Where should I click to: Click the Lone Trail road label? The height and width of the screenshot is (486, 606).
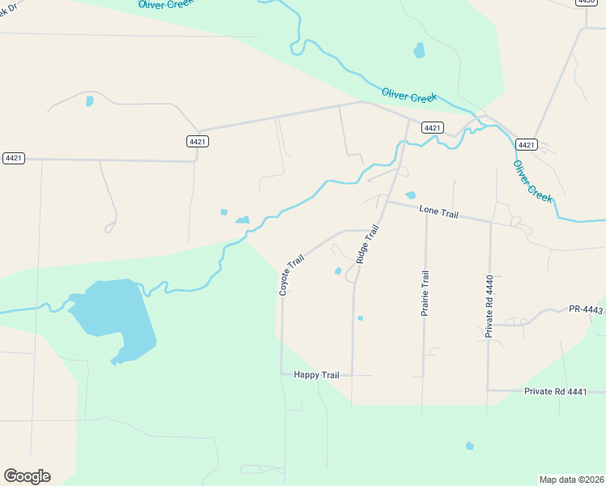point(439,212)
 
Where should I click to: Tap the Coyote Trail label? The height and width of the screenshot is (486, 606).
point(292,275)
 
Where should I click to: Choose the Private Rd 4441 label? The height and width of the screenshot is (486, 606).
point(555,391)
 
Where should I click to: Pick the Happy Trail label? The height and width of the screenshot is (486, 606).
point(316,374)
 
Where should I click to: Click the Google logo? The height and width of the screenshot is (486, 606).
point(27,476)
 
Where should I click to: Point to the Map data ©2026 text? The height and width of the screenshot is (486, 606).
point(571,479)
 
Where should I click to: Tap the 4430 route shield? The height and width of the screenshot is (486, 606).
point(587,2)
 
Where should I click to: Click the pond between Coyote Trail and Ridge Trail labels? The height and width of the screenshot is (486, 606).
point(338,271)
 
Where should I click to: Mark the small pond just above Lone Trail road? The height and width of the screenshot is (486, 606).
point(411,195)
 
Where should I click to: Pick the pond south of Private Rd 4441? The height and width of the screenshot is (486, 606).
point(469,446)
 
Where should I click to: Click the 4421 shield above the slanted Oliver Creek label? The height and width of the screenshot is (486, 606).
point(526,144)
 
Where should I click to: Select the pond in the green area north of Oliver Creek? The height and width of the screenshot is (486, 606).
point(419,50)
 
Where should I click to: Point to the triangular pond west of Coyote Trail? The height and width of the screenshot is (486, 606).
point(242,220)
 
